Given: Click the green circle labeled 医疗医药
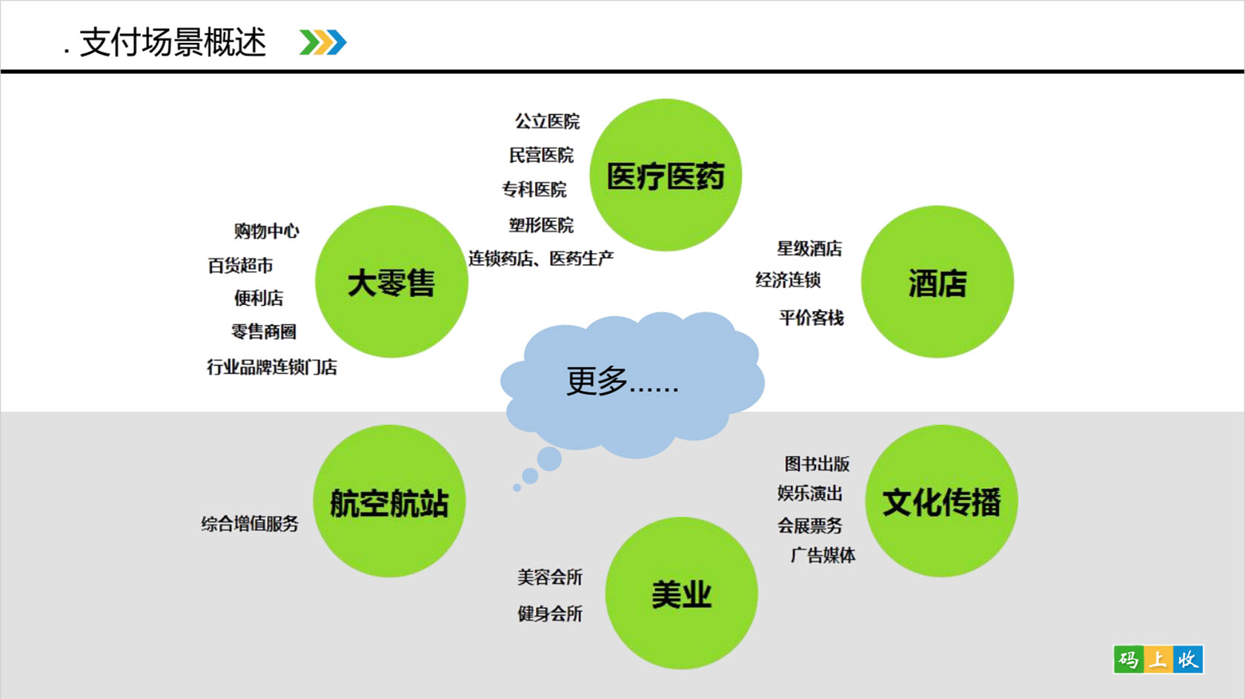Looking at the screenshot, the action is [665, 175].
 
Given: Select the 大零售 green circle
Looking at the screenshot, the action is [391, 282].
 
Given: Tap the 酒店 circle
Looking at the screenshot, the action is [937, 282].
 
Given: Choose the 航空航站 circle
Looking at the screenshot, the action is [389, 501].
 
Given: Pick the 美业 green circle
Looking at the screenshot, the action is [682, 593].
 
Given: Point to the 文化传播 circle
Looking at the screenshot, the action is [941, 501].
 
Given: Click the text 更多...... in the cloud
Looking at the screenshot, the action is [622, 381].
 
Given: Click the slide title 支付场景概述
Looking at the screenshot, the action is [173, 42].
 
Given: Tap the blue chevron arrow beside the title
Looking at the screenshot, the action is [336, 42].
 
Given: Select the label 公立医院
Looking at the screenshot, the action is [548, 121].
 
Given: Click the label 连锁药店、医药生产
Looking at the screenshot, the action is [541, 258].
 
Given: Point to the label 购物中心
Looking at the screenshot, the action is [266, 230].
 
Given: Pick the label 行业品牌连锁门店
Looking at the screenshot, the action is [272, 367].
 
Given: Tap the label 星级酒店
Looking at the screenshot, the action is [809, 248].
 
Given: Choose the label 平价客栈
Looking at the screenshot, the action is [811, 318].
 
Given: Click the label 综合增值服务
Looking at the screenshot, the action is [250, 524].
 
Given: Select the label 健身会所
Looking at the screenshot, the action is [550, 614].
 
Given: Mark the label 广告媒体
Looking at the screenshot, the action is [823, 555].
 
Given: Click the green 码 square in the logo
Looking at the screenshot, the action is [1129, 659].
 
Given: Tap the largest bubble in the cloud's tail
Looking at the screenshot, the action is [549, 459].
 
